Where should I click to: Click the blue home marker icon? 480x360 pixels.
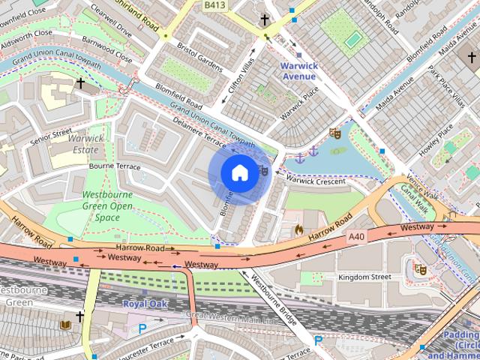[x=238, y=173]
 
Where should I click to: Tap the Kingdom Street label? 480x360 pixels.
[x=364, y=277]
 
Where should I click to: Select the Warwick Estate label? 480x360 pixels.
[x=85, y=144]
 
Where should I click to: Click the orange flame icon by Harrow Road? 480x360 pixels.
[x=299, y=229]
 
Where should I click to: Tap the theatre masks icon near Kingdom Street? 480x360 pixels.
[x=421, y=269]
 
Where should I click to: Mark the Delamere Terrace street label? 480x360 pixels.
[x=199, y=130]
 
